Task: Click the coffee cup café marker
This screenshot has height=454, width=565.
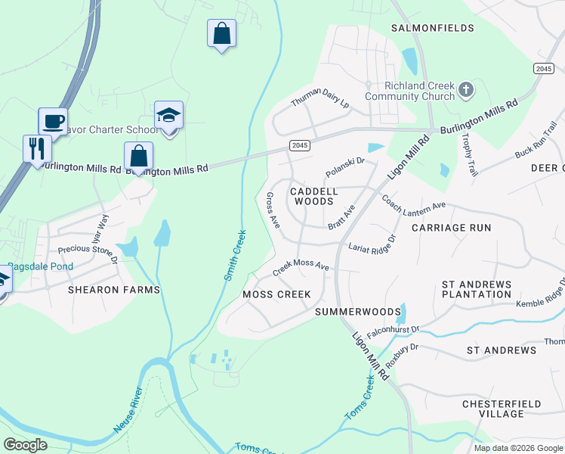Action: (53, 121)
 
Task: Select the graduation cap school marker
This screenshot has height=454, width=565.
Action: (169, 116)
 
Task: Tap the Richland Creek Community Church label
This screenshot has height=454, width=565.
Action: (409, 91)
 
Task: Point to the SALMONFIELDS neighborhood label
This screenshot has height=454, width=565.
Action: (432, 28)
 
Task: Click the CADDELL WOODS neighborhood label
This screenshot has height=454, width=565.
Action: (313, 196)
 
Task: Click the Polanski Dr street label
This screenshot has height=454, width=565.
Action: (344, 167)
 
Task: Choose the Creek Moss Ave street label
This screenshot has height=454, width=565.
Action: (301, 266)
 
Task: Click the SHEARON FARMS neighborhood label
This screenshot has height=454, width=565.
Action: (114, 290)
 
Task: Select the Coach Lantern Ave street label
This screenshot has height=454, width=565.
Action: (413, 204)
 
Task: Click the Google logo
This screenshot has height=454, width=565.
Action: (25, 445)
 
